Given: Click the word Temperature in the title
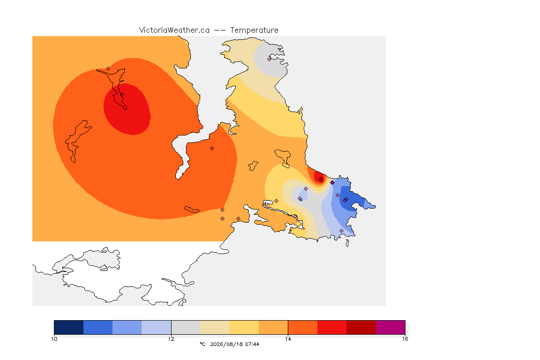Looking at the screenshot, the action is [254, 30].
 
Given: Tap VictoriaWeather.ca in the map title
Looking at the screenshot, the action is [174, 30].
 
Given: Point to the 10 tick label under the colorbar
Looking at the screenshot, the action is [54, 339].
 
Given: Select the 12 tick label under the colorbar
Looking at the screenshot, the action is [171, 339].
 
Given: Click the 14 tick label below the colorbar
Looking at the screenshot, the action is [288, 339].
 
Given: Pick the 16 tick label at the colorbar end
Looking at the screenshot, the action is [405, 339].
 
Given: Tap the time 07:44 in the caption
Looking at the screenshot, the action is [252, 344].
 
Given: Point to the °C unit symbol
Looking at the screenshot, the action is [202, 344].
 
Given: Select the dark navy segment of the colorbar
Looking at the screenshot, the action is [69, 327].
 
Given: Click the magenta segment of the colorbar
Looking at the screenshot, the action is [390, 327].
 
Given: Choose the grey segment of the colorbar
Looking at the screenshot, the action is [186, 327].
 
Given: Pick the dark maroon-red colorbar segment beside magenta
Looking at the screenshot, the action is [361, 327].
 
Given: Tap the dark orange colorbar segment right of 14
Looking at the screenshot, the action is [302, 327].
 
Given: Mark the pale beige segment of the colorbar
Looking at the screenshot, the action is [215, 327].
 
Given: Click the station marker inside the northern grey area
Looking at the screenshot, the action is [270, 59].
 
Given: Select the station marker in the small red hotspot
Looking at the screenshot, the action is [321, 180].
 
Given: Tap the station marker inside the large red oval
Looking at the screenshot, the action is [122, 95].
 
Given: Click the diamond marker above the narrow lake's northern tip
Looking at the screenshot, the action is [108, 68].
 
